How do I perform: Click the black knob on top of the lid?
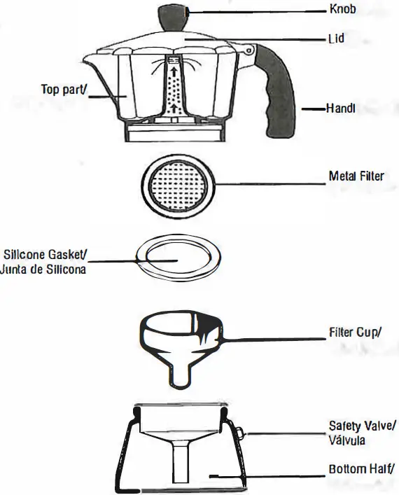coord(175,15)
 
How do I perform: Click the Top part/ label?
coord(64,90)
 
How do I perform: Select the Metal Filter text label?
coord(356,176)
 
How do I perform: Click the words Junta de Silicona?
coord(43,270)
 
